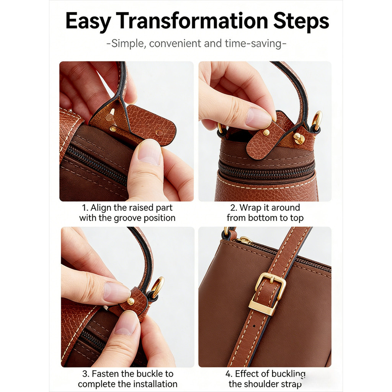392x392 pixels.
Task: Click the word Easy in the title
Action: [88, 22]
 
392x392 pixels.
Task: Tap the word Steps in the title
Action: [301, 22]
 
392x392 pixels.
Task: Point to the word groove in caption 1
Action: [128, 218]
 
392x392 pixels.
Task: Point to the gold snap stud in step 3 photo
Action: [130, 301]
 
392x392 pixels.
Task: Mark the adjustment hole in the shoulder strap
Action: [254, 326]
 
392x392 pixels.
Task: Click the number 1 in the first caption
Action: [84, 208]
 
